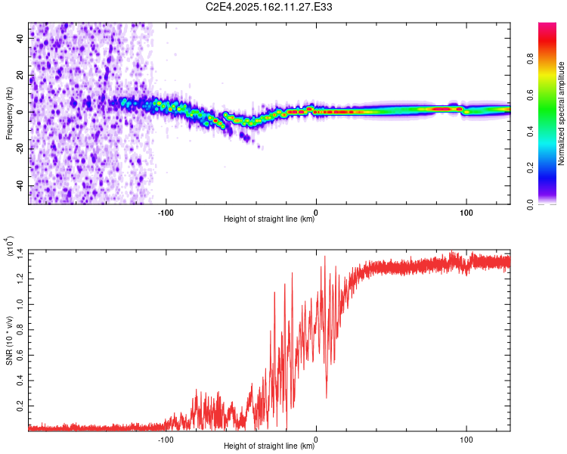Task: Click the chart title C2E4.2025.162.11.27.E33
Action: [268, 7]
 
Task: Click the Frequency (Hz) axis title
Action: [9, 113]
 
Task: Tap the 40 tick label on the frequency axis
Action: [20, 38]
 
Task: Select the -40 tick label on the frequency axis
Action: [20, 185]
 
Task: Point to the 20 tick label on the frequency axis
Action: [20, 75]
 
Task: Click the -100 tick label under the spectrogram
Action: [166, 213]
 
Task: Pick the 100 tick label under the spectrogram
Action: [466, 213]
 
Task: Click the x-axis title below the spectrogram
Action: [269, 219]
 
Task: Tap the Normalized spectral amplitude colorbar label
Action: [561, 113]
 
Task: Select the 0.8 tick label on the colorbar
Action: [530, 58]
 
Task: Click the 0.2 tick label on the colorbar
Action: [530, 168]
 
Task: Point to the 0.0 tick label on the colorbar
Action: [530, 204]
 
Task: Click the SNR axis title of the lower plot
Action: [9, 340]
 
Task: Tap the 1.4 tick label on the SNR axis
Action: [20, 253]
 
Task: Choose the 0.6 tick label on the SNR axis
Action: [20, 355]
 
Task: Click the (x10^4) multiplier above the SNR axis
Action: [10, 246]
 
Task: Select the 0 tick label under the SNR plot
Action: [316, 440]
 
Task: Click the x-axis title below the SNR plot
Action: [269, 446]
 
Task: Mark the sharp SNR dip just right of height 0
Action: [327, 397]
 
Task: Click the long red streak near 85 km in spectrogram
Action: [442, 109]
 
